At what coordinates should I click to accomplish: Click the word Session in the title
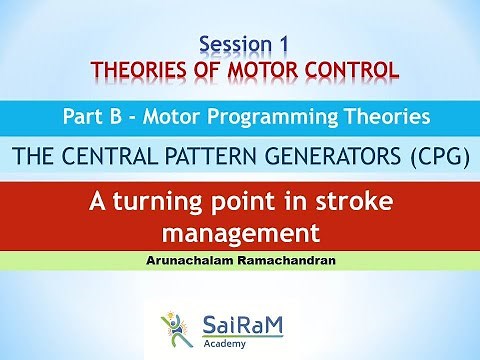(x=232, y=45)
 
